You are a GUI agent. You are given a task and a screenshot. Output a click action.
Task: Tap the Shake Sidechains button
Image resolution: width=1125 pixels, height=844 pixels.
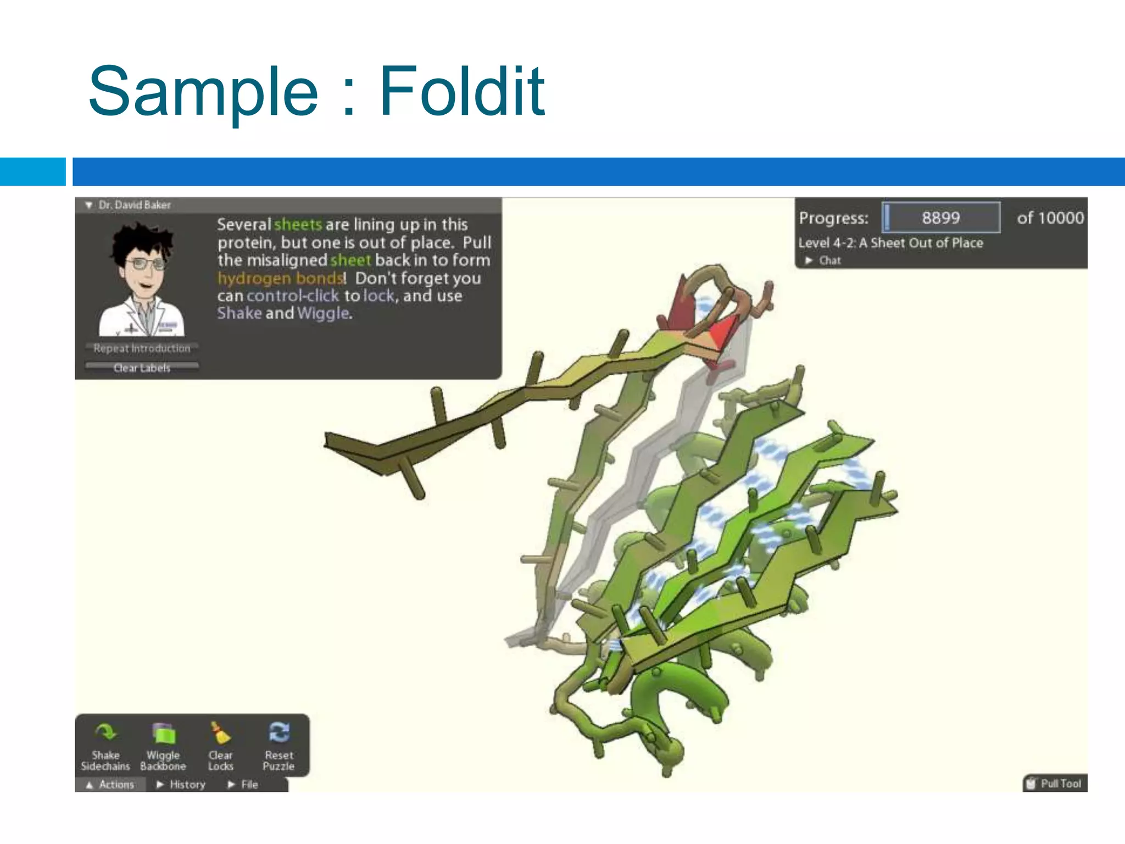(105, 747)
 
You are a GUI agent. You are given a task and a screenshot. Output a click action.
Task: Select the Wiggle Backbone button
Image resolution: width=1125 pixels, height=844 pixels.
(163, 747)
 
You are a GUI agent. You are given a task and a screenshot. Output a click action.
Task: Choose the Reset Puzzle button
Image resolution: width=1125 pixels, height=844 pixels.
(279, 747)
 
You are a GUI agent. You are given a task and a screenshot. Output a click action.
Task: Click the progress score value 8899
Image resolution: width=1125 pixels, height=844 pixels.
(940, 218)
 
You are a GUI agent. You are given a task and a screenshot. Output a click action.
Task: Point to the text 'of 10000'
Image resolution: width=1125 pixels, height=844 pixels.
(1050, 218)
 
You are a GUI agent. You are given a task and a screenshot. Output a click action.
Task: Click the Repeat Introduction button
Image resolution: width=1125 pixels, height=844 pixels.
(142, 348)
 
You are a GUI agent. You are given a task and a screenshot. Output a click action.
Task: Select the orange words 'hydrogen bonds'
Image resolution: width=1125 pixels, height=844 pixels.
(281, 278)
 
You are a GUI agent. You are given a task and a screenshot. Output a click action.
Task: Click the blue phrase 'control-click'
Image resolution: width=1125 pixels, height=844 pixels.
(293, 296)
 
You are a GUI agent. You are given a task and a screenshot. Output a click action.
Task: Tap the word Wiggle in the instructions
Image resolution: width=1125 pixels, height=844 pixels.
(323, 313)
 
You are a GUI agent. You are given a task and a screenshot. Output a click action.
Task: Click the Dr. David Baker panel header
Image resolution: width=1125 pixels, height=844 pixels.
(135, 205)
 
